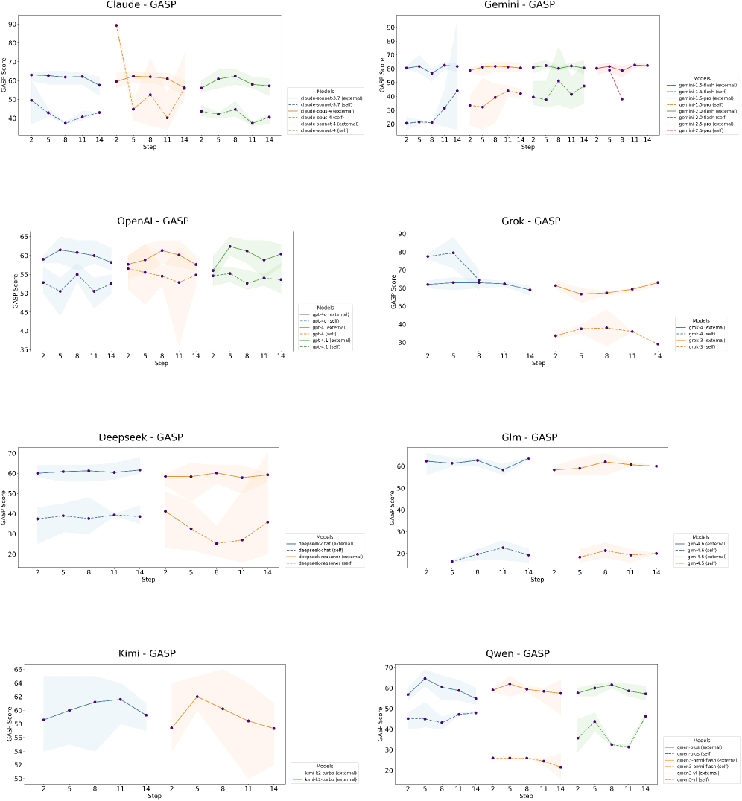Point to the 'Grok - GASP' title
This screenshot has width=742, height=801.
(x=532, y=221)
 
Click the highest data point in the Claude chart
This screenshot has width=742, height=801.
(x=116, y=25)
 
